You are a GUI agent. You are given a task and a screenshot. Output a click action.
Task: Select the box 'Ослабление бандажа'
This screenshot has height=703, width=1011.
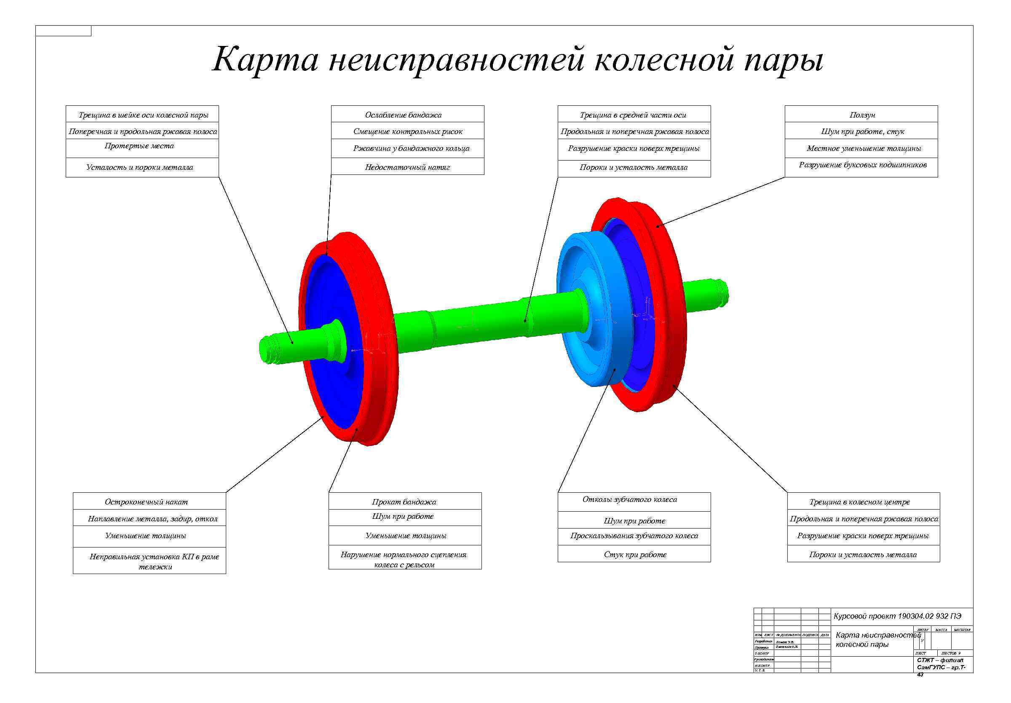(x=403, y=115)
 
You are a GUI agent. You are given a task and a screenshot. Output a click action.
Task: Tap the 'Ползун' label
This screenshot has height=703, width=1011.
(x=862, y=115)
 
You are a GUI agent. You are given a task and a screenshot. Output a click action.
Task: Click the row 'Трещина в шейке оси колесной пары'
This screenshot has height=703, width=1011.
(x=143, y=115)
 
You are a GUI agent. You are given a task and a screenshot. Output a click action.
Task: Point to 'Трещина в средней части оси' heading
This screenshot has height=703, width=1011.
(x=632, y=115)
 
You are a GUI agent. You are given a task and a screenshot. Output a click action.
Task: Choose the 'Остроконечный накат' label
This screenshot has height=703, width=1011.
(x=146, y=502)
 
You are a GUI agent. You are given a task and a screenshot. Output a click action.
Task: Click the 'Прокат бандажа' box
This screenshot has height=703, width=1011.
(x=404, y=502)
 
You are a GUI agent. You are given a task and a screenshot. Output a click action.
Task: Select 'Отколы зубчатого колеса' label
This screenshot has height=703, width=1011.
(x=629, y=499)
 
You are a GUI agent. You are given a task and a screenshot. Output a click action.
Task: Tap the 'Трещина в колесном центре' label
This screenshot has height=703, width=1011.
(x=859, y=502)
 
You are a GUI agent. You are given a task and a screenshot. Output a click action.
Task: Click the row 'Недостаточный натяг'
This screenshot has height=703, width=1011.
(x=407, y=167)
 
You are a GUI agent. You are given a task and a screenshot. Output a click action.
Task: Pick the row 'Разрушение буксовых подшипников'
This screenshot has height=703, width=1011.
(x=862, y=165)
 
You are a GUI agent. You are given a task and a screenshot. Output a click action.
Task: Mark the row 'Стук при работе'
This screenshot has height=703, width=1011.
(x=635, y=555)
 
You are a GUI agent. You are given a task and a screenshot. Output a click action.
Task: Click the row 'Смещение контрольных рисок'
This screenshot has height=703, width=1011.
(x=408, y=131)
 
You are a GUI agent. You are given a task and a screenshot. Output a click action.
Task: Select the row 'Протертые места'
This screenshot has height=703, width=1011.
(x=139, y=146)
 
